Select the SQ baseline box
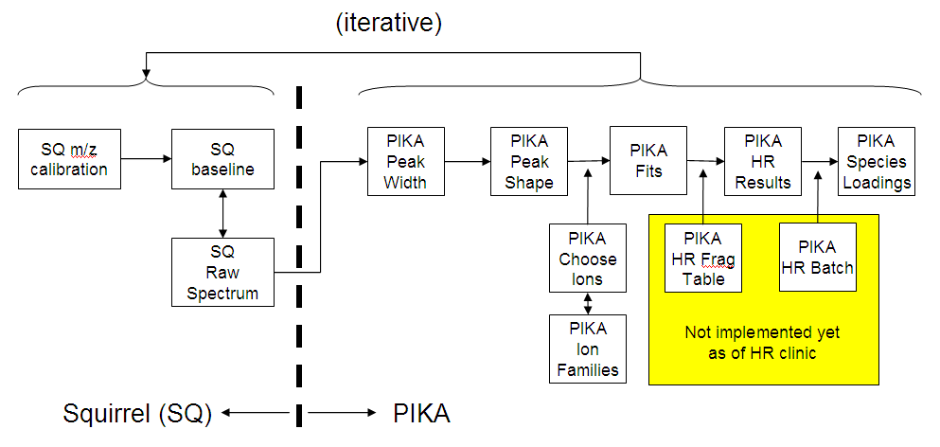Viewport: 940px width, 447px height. point(222,159)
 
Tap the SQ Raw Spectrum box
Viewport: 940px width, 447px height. point(222,272)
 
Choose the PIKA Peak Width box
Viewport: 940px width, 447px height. point(405,161)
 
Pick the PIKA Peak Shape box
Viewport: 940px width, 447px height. point(528,161)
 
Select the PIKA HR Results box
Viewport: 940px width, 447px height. point(762,161)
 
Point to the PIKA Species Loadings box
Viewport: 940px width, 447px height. point(877,161)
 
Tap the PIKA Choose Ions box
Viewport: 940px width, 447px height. point(588,258)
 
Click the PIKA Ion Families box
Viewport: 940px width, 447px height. point(588,349)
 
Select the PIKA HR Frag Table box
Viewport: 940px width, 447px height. point(703,258)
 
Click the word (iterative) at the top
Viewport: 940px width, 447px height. point(388,23)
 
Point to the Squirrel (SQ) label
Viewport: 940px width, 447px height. point(137,413)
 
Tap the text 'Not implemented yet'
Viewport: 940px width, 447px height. point(762,333)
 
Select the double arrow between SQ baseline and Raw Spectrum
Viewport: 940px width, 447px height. point(222,213)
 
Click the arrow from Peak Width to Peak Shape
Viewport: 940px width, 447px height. point(467,161)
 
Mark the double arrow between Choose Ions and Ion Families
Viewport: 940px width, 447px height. point(588,303)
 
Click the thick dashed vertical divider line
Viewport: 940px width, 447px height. point(299,237)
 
